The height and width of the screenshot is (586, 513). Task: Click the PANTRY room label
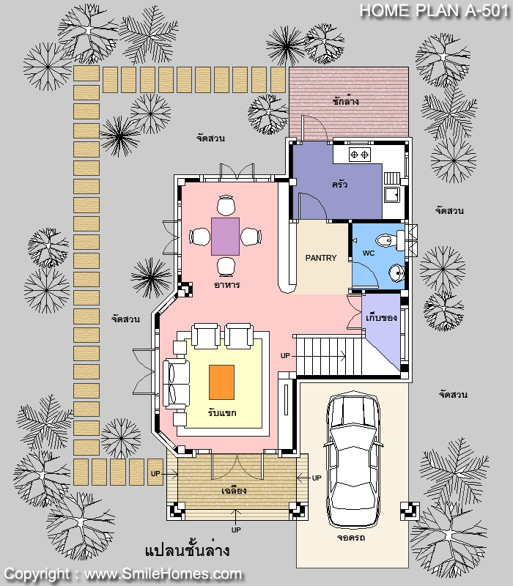[x=321, y=258]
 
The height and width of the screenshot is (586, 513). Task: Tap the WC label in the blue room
[x=369, y=253]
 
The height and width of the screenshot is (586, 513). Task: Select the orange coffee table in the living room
[x=222, y=382]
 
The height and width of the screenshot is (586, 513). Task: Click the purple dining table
[x=225, y=237]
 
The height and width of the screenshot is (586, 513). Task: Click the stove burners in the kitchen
[x=359, y=155]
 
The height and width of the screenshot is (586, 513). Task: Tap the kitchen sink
[x=392, y=194]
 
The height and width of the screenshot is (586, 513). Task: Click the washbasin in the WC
[x=396, y=272]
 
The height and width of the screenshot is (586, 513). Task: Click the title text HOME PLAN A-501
[x=435, y=10]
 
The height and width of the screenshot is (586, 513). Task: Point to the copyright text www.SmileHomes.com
[x=163, y=574]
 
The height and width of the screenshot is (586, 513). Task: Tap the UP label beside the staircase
[x=285, y=356]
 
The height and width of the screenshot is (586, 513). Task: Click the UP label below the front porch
[x=236, y=530]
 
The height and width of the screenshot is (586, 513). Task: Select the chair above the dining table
[x=226, y=205]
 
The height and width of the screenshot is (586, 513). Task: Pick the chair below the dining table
[x=226, y=267]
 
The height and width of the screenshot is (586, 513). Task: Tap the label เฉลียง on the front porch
[x=234, y=490]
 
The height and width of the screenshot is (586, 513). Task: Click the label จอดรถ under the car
[x=351, y=538]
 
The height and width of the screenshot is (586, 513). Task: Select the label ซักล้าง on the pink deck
[x=345, y=101]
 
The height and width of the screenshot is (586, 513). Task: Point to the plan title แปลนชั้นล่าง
[x=187, y=551]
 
